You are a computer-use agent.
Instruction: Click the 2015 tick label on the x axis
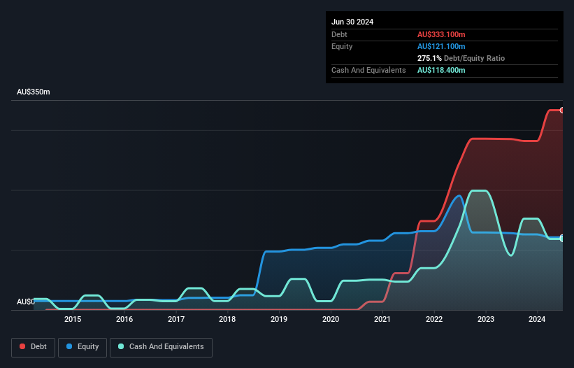click(x=73, y=319)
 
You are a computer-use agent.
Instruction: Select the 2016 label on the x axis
click(x=124, y=319)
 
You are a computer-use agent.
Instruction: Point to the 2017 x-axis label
click(x=176, y=319)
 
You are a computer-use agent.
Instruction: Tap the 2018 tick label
click(x=227, y=319)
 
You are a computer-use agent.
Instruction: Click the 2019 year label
click(x=279, y=319)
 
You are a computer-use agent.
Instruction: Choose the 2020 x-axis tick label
click(x=331, y=319)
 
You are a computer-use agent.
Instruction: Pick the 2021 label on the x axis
click(x=382, y=319)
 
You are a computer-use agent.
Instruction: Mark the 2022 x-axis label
click(x=434, y=319)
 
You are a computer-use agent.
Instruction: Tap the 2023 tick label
click(x=486, y=319)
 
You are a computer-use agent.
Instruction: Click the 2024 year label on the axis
click(x=537, y=319)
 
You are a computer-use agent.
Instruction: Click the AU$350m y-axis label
click(x=34, y=92)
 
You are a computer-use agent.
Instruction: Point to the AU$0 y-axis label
click(x=25, y=302)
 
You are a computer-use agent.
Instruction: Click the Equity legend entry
click(x=82, y=347)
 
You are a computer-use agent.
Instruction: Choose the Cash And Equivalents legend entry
click(x=161, y=347)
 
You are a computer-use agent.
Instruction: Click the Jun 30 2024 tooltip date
click(x=352, y=22)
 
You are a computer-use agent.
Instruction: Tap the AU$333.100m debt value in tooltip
click(x=441, y=35)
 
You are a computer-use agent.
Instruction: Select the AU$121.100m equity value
click(x=441, y=47)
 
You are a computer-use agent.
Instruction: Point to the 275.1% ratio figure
click(x=429, y=59)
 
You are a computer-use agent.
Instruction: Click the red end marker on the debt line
click(x=562, y=110)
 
